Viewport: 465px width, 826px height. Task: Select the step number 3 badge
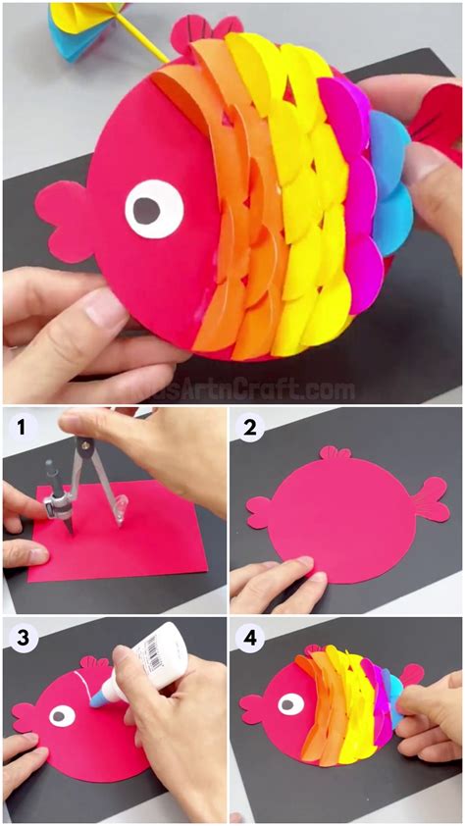[x=17, y=637]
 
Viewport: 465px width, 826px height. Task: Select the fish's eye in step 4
[x=290, y=702]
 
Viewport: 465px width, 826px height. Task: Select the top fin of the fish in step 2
[x=334, y=453]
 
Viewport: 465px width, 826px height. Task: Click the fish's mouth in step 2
[x=259, y=510]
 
